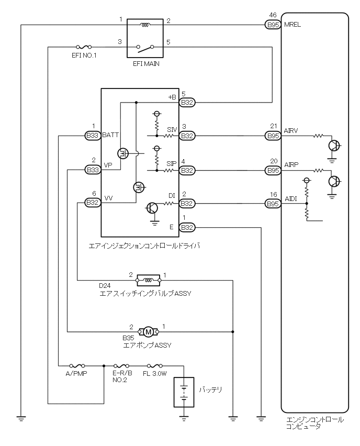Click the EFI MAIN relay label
145,63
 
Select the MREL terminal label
292,24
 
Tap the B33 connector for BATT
93,136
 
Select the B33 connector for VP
93,170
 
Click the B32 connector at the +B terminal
187,103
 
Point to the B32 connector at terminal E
187,227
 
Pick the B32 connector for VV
93,203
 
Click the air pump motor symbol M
149,331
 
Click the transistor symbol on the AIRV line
333,145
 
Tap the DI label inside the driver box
172,196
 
